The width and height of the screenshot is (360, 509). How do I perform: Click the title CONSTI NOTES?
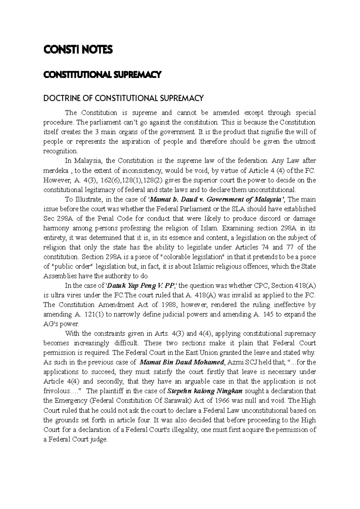pyautogui.click(x=78, y=50)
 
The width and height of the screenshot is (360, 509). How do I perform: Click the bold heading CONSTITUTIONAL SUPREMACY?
pyautogui.click(x=103, y=75)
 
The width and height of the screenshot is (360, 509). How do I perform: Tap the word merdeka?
pyautogui.click(x=56, y=171)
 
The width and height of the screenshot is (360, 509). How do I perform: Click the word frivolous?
pyautogui.click(x=58, y=391)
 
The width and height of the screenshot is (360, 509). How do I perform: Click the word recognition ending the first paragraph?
pyautogui.click(x=60, y=151)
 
